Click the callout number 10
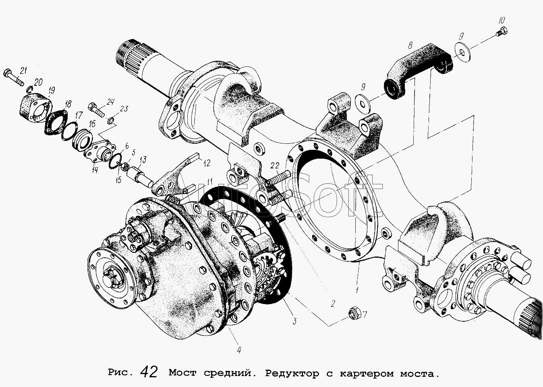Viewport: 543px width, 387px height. pos(501,20)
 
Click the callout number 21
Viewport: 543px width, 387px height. pos(23,71)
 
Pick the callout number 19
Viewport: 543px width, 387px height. pos(52,89)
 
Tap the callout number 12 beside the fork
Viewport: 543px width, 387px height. pos(207,163)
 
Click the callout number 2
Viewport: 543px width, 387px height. pos(333,304)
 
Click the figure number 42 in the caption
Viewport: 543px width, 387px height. pos(149,372)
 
